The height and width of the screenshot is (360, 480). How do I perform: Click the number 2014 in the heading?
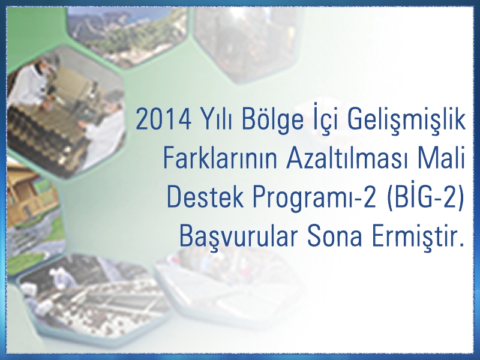coord(163,119)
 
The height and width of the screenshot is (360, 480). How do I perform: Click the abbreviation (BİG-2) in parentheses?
coord(425,197)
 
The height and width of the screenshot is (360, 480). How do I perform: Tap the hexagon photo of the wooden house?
coord(33,205)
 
